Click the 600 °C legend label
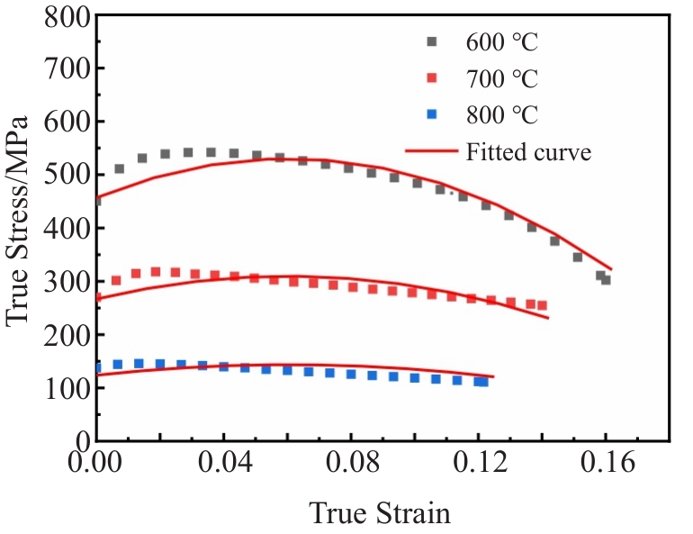[502, 42]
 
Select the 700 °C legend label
[502, 78]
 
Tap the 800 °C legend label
[502, 115]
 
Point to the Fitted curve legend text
[528, 151]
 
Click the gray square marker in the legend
[432, 41]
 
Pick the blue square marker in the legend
[432, 114]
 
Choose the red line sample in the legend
[432, 151]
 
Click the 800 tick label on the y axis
[67, 18]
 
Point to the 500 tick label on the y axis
[67, 175]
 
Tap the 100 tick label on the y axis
[67, 388]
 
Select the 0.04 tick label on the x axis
[225, 462]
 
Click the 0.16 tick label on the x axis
[607, 462]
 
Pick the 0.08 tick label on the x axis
[352, 462]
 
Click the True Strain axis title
[380, 513]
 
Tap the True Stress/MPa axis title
[17, 222]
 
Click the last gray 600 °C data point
[606, 280]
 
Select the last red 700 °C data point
[542, 305]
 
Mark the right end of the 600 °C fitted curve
[612, 268]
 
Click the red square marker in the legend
[432, 77]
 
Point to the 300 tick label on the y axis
[67, 281]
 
